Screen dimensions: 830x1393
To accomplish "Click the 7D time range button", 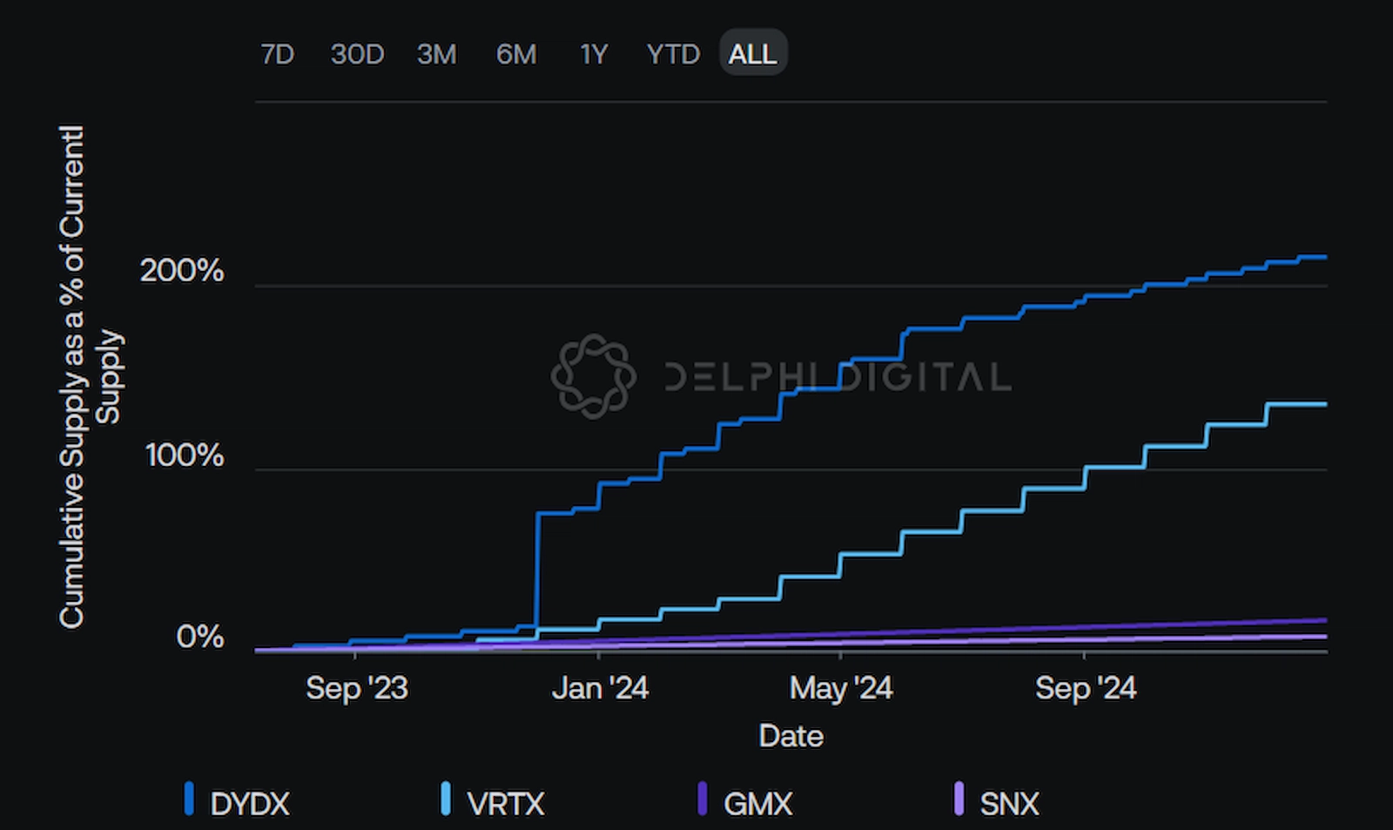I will click(277, 54).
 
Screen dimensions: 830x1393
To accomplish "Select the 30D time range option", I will click(357, 54).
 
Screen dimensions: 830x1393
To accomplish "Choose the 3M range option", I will click(436, 54).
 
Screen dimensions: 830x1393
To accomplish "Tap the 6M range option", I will click(516, 54).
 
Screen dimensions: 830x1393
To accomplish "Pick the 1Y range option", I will click(594, 54).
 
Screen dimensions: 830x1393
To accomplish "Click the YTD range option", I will click(673, 54).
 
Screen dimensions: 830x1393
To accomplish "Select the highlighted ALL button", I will click(753, 54).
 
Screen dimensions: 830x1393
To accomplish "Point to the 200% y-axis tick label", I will click(182, 271).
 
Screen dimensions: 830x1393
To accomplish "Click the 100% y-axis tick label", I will click(185, 455).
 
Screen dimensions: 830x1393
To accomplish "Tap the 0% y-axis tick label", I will click(199, 637).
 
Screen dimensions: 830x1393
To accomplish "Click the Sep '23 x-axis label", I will click(356, 688).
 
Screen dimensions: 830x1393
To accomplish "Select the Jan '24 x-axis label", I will click(600, 688).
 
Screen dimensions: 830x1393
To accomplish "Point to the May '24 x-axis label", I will click(841, 688).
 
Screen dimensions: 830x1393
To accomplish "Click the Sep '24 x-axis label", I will click(1086, 688).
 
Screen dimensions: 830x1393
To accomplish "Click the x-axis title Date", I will click(791, 736).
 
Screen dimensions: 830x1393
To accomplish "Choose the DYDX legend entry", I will click(248, 803).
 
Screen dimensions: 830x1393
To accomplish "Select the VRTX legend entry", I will click(504, 803).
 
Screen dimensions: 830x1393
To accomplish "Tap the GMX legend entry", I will click(757, 803).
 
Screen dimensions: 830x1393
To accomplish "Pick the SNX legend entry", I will click(1008, 803).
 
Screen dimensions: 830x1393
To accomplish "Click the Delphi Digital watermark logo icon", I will click(594, 376).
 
